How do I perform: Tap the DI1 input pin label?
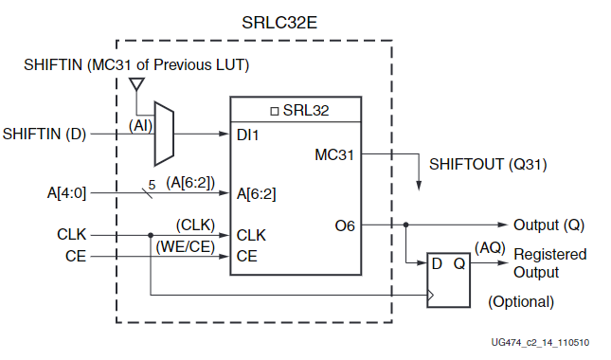tap(249, 135)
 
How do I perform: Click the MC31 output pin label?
tap(335, 153)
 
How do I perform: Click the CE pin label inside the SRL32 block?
tap(247, 256)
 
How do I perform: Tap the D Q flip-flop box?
tap(447, 278)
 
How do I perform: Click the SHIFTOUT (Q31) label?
tap(488, 164)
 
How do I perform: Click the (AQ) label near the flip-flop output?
tap(489, 247)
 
